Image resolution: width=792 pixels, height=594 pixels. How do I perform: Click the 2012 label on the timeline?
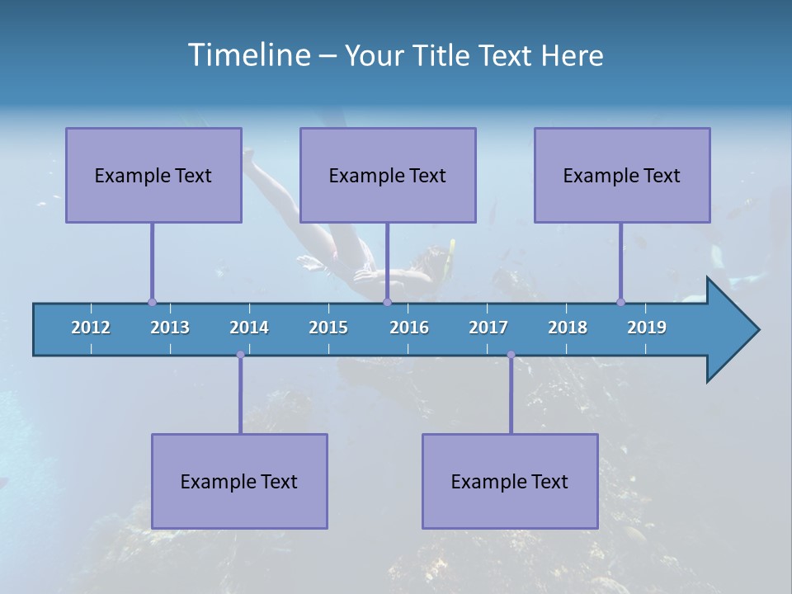pos(91,328)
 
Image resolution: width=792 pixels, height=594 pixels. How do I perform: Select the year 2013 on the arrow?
pos(170,328)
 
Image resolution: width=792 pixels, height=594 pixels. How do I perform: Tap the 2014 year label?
pos(249,328)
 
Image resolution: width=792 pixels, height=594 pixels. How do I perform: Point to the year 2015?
pos(328,328)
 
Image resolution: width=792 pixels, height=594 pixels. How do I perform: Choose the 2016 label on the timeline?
pos(409,328)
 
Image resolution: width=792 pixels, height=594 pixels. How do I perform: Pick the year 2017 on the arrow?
pos(488,328)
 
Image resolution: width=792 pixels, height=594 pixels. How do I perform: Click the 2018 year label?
pos(568,328)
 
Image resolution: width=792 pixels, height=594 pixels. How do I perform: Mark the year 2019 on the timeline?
pos(647,328)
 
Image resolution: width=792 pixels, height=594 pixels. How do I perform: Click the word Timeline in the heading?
pos(248,55)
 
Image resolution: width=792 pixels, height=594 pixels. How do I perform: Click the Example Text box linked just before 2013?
pos(153,175)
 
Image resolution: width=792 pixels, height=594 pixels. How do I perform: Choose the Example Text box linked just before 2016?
pos(388,175)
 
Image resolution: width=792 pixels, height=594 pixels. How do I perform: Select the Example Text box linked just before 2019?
pos(622,175)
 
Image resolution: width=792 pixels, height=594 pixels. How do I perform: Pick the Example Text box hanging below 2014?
pos(239,481)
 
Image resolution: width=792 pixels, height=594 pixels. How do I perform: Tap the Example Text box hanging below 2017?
pos(510,481)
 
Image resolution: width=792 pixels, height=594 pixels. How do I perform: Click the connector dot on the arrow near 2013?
pos(152,303)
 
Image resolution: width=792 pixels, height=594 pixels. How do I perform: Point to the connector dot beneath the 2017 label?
pos(511,355)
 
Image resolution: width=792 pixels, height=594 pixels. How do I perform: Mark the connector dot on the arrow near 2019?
pos(620,303)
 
